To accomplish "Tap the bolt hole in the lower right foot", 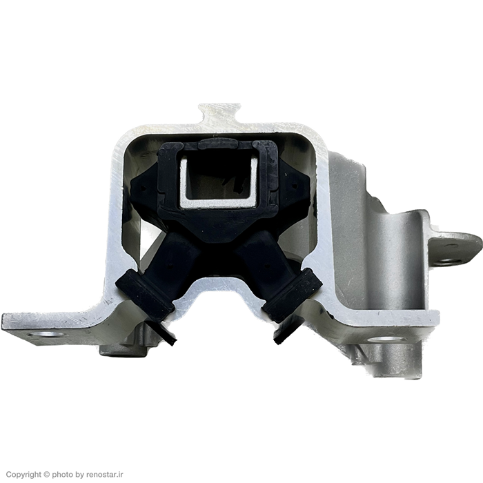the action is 386,339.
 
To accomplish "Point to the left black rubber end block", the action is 144,295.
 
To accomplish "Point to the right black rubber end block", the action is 291,295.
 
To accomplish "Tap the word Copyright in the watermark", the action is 23,475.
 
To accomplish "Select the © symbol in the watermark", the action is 46,475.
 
